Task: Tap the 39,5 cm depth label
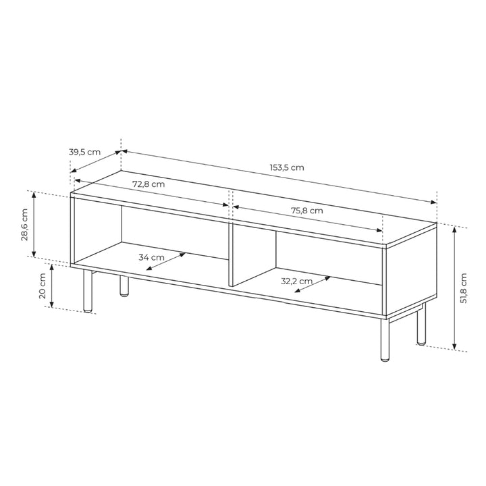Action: coord(84,152)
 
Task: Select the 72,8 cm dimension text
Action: coord(148,184)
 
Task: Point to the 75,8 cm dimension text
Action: coord(307,210)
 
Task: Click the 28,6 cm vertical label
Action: coord(24,225)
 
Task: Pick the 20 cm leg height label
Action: coord(42,286)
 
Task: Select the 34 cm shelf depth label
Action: coord(151,257)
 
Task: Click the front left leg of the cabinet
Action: coord(87,290)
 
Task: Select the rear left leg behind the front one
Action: coord(124,286)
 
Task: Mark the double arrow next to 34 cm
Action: coord(166,261)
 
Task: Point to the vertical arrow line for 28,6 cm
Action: coord(33,225)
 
